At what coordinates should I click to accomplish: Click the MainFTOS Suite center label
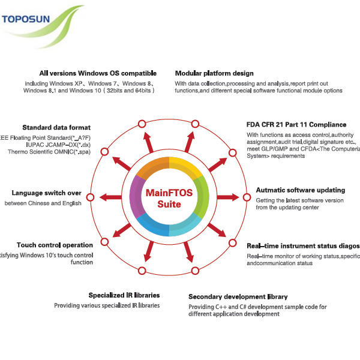click(169, 198)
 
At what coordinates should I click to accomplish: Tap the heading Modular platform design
click(214, 73)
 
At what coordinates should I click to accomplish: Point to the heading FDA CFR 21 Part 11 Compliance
click(296, 124)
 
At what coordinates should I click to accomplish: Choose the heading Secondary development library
click(238, 296)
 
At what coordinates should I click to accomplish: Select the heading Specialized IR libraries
click(124, 295)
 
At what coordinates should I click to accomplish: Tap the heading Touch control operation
click(55, 245)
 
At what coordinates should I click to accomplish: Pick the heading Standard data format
click(56, 127)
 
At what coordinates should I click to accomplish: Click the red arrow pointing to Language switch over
click(110, 197)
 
